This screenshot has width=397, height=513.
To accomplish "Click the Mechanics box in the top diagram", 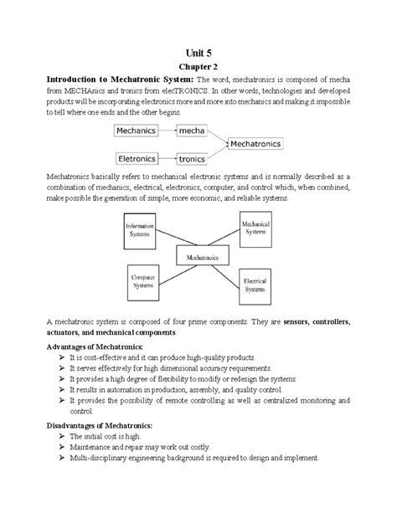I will tap(137, 131).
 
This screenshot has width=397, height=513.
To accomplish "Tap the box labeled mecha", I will tap(192, 131).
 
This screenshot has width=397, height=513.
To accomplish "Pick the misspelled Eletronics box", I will tap(137, 157).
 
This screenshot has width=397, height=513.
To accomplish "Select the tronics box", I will tap(192, 157).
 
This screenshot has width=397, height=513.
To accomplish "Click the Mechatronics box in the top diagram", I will tap(256, 144).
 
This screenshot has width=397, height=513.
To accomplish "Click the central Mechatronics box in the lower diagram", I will tap(198, 258).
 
